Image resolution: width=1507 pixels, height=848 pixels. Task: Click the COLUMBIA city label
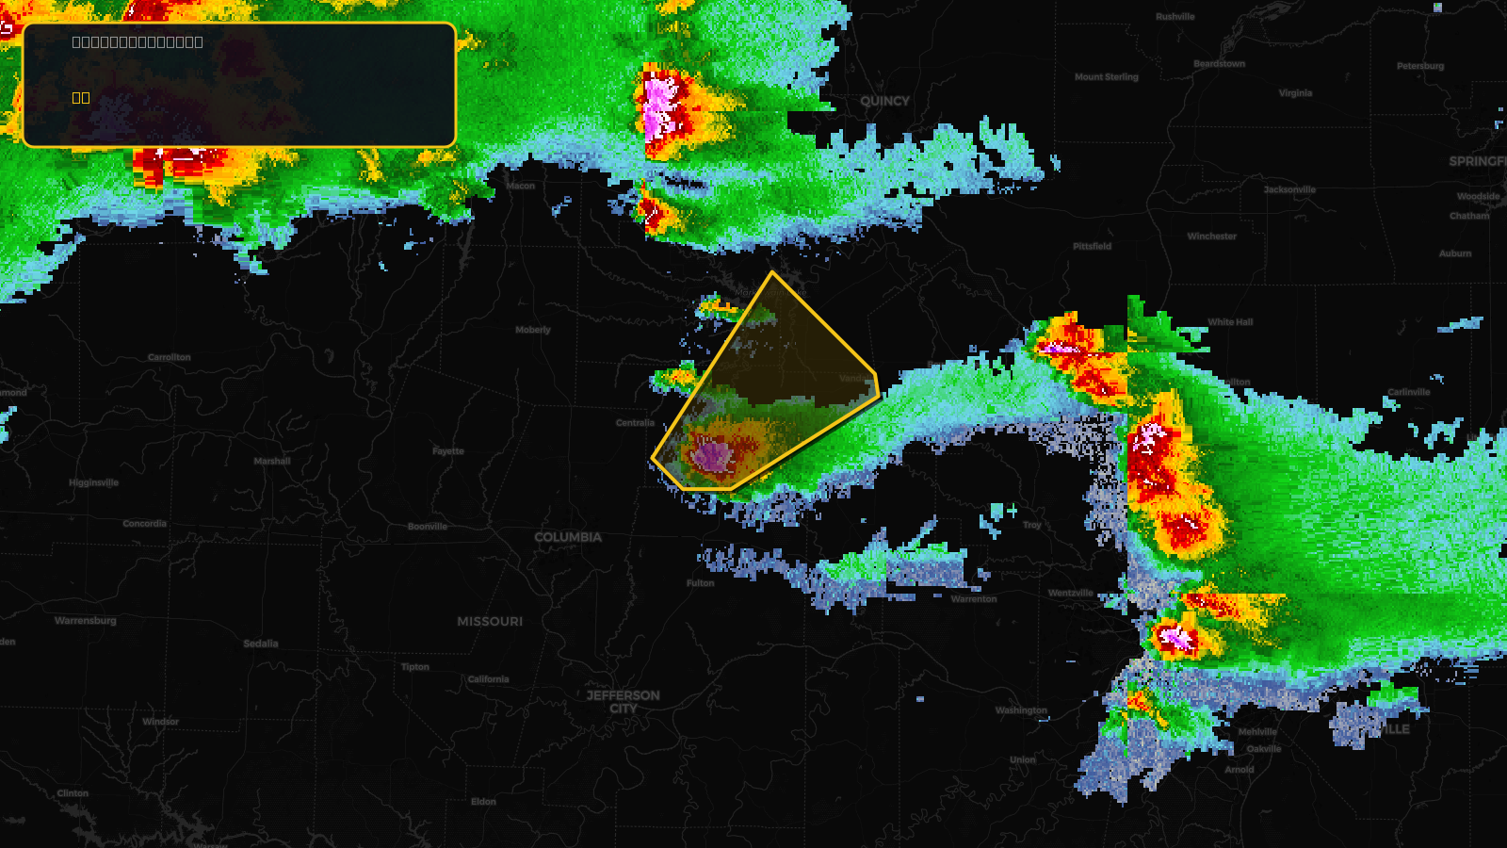(x=567, y=537)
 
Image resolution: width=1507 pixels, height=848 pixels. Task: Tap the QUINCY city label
(x=884, y=101)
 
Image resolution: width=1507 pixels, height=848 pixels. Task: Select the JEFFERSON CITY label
(x=623, y=702)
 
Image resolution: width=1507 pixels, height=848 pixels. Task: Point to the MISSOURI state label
(x=490, y=621)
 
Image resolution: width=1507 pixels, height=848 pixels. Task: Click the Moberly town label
(x=533, y=330)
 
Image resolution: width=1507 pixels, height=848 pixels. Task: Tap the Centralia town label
(x=635, y=423)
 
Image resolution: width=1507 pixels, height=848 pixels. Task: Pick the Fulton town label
(x=700, y=583)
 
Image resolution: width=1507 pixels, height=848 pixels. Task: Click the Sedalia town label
(x=261, y=644)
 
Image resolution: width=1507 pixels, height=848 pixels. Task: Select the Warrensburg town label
(x=86, y=620)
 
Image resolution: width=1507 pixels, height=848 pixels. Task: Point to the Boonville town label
(x=428, y=527)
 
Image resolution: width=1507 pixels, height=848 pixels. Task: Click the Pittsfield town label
(x=1092, y=246)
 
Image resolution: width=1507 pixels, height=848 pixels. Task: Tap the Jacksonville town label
(x=1289, y=189)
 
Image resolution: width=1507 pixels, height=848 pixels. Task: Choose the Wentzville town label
(x=1071, y=593)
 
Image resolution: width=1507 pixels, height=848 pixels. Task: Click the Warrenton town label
(x=974, y=599)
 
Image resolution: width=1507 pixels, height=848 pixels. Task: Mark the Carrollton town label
(x=170, y=357)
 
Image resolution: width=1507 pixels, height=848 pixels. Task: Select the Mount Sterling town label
(x=1107, y=77)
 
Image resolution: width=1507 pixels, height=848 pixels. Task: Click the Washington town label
(x=1021, y=710)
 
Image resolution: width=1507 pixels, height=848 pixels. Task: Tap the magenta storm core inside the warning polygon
(x=712, y=457)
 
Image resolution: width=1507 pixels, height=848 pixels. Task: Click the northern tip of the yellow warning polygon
(x=772, y=273)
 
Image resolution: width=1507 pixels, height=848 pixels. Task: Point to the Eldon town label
(x=483, y=802)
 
